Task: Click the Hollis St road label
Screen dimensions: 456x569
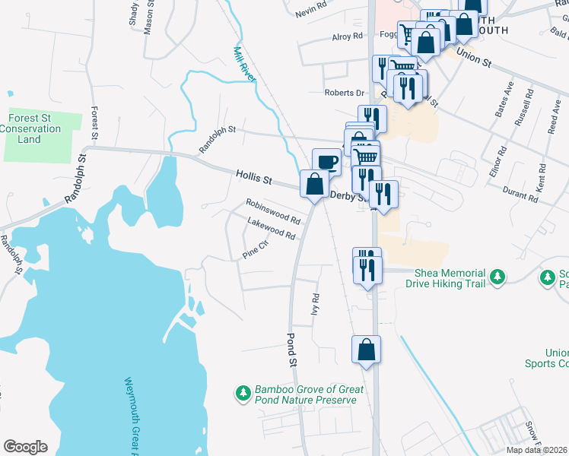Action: pos(253,177)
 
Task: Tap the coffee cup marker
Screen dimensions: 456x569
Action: pos(327,162)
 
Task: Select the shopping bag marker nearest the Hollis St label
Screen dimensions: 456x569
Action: pos(314,185)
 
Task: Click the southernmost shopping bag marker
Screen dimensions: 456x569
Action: pos(366,350)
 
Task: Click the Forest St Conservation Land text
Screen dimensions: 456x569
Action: pos(35,128)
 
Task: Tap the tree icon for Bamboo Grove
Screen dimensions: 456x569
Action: pos(243,393)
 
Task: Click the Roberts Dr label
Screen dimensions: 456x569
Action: pos(345,93)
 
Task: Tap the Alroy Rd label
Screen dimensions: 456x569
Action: pos(347,36)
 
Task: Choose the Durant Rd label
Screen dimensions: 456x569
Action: pos(520,195)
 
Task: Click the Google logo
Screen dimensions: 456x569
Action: pos(25,447)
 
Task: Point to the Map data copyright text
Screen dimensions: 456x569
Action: pos(539,450)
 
